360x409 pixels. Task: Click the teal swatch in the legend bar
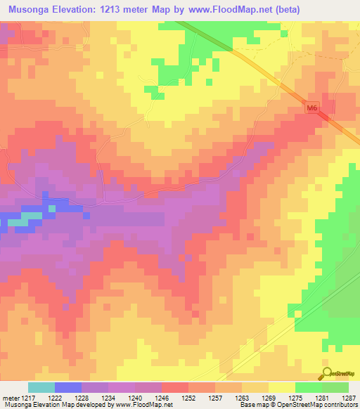(x=41, y=387)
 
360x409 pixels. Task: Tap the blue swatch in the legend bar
(x=67, y=387)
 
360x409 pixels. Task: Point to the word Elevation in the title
(x=82, y=9)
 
